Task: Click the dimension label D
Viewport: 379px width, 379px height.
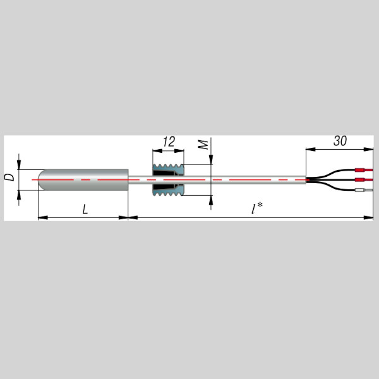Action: [x=9, y=177]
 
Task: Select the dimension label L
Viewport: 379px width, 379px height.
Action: [x=85, y=209]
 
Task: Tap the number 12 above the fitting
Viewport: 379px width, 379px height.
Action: [x=169, y=142]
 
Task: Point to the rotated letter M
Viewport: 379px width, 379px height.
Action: [x=203, y=145]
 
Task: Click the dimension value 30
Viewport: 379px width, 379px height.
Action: [x=340, y=141]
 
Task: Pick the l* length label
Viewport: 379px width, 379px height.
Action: [x=256, y=208]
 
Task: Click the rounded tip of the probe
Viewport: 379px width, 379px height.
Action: [x=42, y=180]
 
